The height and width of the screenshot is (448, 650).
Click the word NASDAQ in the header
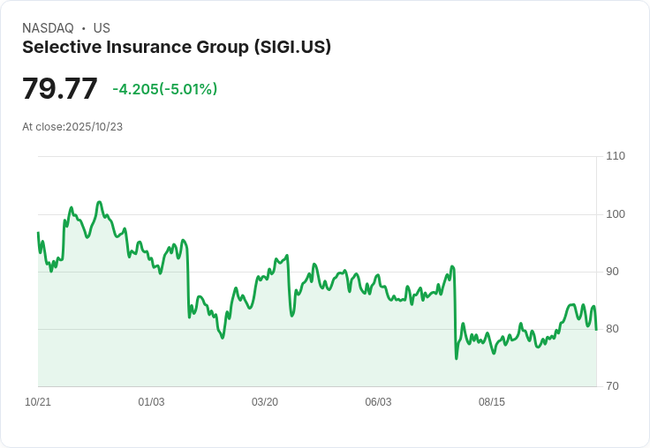click(x=48, y=28)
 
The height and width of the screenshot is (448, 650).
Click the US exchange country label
click(x=102, y=28)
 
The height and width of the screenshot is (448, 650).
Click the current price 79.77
click(x=59, y=89)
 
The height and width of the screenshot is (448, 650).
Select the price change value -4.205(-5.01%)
click(x=164, y=89)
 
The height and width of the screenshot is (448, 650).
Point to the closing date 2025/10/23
click(x=94, y=127)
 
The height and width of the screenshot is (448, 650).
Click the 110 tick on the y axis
click(x=615, y=156)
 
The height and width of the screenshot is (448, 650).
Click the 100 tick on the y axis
click(x=615, y=214)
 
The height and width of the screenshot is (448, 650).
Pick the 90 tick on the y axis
click(x=612, y=272)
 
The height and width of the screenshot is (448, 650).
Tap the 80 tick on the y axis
click(x=612, y=329)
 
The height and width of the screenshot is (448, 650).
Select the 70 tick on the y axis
click(x=612, y=386)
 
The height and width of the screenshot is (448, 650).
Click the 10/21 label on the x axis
click(x=38, y=402)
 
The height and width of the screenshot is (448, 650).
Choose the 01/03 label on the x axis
click(x=151, y=402)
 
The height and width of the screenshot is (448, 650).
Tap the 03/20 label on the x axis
click(x=265, y=402)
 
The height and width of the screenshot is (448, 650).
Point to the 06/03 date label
click(x=378, y=402)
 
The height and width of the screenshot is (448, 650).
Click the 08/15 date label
click(x=492, y=402)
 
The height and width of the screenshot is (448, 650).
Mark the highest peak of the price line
click(x=99, y=202)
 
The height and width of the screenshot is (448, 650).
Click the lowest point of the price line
click(x=457, y=358)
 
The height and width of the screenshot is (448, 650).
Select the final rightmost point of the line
click(x=596, y=330)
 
